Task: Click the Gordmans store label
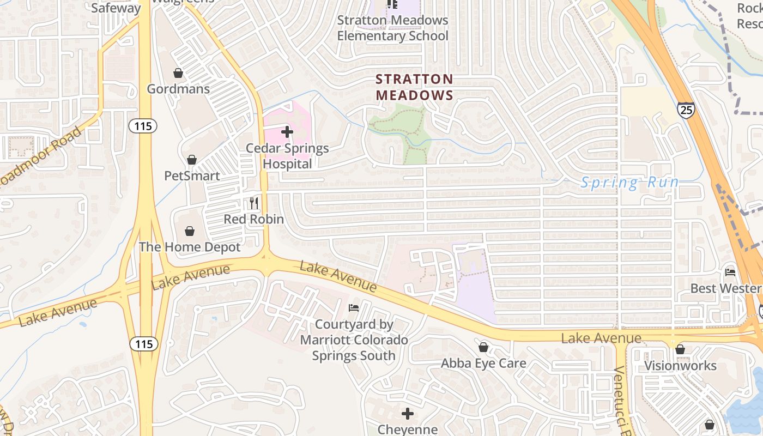pos(178,89)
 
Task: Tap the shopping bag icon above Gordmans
pos(178,72)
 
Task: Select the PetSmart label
pos(192,176)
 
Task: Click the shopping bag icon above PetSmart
pos(192,160)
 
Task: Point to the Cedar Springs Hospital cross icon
pos(287,132)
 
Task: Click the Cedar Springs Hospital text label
pos(287,156)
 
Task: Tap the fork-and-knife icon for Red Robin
pos(254,203)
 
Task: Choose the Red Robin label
pos(254,219)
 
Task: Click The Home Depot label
pos(190,247)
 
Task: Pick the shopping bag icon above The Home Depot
pos(190,231)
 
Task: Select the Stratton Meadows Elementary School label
pos(392,28)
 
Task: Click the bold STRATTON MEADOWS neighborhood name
pos(415,87)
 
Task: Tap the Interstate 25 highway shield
pos(686,110)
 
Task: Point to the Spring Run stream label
pos(629,183)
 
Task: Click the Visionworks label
pos(680,365)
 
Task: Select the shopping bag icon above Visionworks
pos(680,349)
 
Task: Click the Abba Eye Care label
pos(483,363)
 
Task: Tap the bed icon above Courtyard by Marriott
pos(354,308)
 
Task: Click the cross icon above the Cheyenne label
pos(407,414)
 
